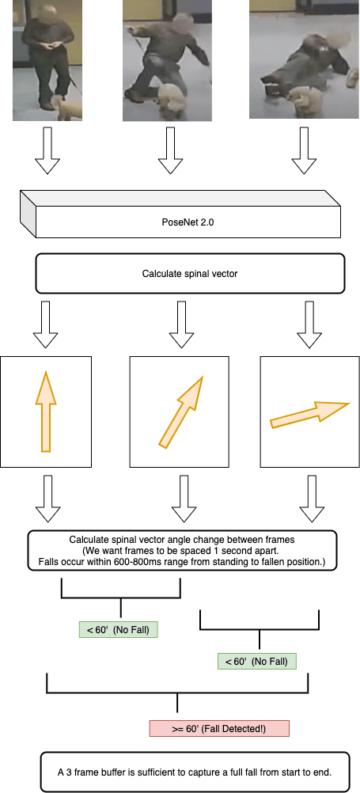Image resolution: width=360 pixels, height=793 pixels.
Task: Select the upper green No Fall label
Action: [x=119, y=630]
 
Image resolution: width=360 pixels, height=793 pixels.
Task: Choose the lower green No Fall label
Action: [x=256, y=661]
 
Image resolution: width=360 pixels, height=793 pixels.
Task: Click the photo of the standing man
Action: [x=47, y=60]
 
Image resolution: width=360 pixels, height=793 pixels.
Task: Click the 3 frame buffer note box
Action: [x=194, y=772]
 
